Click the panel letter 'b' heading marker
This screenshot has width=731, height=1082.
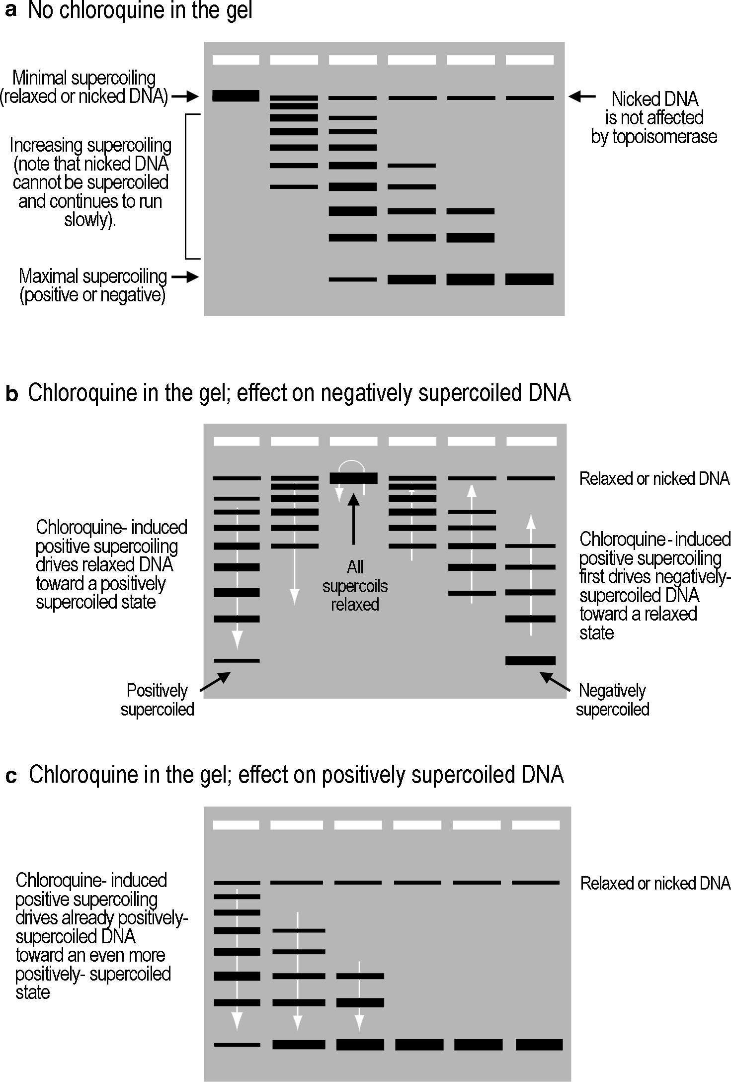point(12,394)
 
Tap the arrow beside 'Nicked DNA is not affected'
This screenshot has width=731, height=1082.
point(582,96)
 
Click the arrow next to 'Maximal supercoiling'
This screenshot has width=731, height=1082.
point(185,277)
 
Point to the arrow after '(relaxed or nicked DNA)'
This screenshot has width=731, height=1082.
point(185,96)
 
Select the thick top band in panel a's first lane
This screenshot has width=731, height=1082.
point(236,95)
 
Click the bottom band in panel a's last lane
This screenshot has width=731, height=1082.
point(529,279)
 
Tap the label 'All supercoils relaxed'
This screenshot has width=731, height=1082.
point(355,586)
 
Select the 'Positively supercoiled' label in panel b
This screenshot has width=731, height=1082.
point(157,700)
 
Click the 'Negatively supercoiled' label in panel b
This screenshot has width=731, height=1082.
point(612,700)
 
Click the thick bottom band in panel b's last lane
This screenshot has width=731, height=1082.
point(530,661)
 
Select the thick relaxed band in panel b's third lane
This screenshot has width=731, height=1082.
point(353,478)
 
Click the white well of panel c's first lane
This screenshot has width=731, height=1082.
point(237,825)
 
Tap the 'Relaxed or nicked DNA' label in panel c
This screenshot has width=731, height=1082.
point(655,884)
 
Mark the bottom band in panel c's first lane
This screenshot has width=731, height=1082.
point(237,1045)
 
